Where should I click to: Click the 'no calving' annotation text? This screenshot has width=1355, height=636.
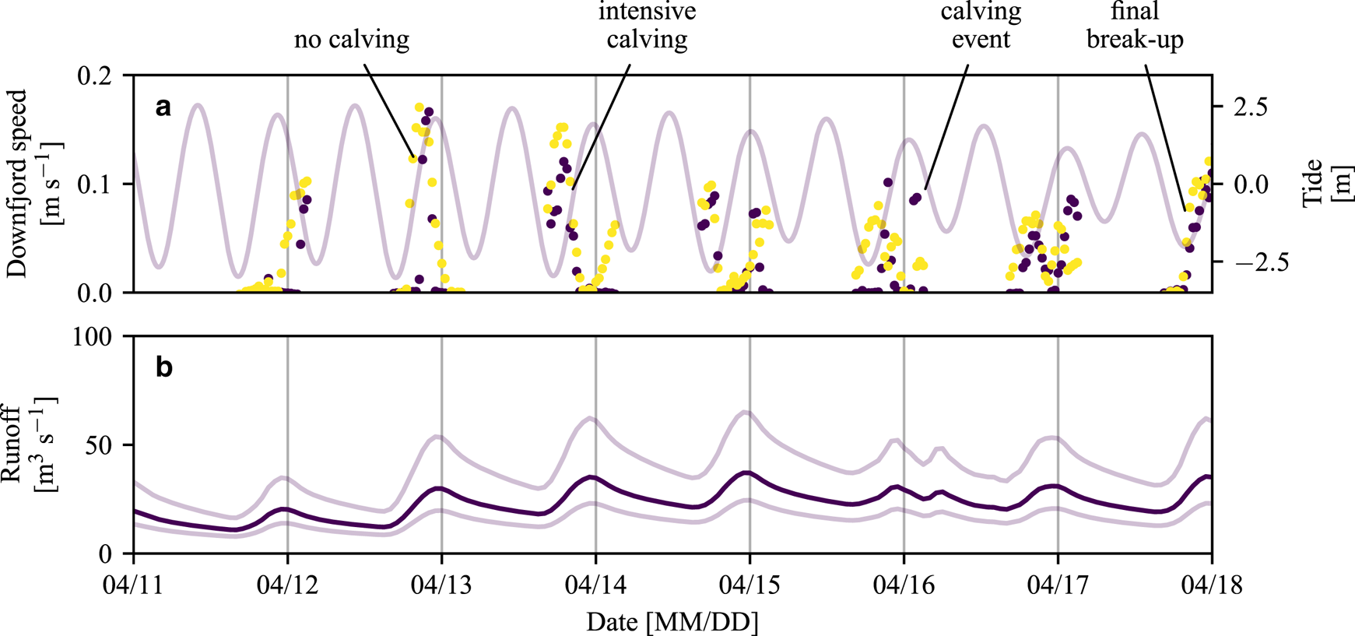[x=351, y=40]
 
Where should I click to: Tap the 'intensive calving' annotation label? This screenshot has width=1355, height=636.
[x=647, y=25]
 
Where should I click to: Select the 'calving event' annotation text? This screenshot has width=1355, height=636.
[x=981, y=25]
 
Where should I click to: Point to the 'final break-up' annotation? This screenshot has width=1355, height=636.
[x=1135, y=25]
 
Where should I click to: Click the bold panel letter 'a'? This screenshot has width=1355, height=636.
[x=163, y=107]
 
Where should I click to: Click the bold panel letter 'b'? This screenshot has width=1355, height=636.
[x=163, y=367]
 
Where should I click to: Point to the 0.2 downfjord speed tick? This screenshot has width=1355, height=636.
[x=95, y=76]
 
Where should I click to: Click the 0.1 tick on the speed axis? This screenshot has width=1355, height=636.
[x=95, y=184]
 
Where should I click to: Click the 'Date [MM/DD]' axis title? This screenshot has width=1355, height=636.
[x=672, y=622]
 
